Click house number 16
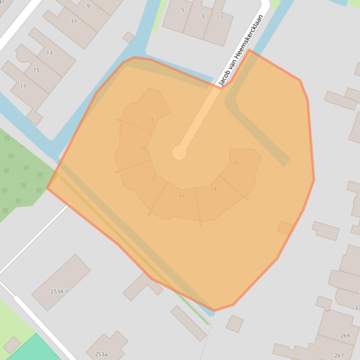tap(151, 120)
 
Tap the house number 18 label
tap(143, 149)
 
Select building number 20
tap(154, 179)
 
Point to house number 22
tap(182, 194)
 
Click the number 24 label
tap(213, 189)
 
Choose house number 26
tap(235, 163)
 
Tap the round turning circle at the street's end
tap(179, 152)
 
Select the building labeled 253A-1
tap(59, 291)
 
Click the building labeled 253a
tap(101, 354)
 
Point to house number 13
tap(49, 53)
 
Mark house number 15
tap(36, 70)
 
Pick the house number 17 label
tap(23, 86)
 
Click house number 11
tap(74, 22)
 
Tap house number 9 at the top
tap(88, 6)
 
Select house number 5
tap(183, 10)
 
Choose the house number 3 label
tap(203, 16)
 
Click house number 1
tap(222, 17)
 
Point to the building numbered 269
tap(345, 336)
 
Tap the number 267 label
tap(338, 356)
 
